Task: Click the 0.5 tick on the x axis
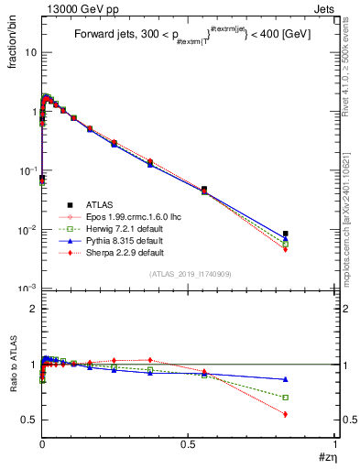tap(189, 444)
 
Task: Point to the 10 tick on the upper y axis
tap(30, 52)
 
